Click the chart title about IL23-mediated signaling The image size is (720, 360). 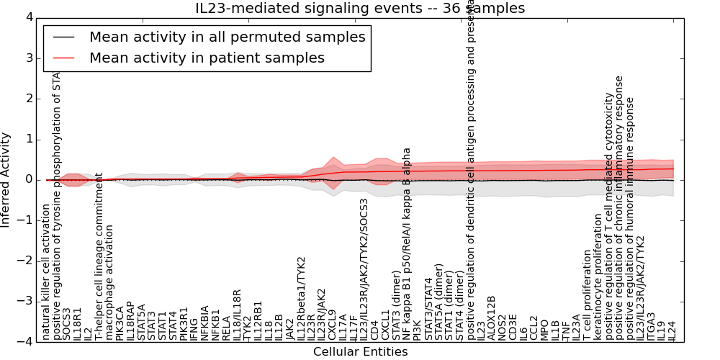(360, 9)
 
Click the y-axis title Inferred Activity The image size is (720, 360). (6, 179)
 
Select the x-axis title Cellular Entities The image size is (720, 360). (360, 352)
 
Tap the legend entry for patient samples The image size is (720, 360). (207, 58)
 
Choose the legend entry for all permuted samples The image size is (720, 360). (227, 37)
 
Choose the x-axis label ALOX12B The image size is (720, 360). (492, 318)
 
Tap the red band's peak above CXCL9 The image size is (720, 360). (332, 158)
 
